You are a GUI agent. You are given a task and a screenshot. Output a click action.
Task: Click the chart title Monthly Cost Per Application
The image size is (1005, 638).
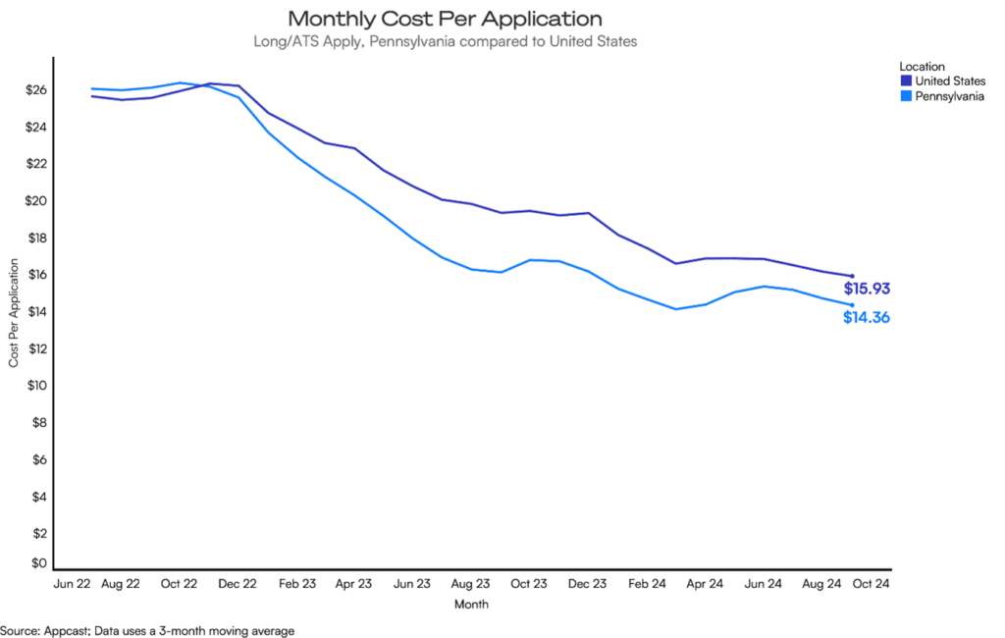pyautogui.click(x=445, y=19)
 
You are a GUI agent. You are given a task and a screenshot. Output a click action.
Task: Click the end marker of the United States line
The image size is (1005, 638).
pyautogui.click(x=851, y=276)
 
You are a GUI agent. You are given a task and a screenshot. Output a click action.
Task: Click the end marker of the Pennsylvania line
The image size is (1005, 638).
pyautogui.click(x=851, y=305)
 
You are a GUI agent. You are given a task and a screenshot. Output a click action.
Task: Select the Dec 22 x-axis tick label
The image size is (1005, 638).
pyautogui.click(x=237, y=583)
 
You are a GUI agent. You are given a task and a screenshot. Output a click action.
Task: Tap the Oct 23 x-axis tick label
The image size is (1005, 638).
pyautogui.click(x=527, y=583)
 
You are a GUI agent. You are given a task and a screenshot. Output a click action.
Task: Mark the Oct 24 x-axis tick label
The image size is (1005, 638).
pyautogui.click(x=871, y=583)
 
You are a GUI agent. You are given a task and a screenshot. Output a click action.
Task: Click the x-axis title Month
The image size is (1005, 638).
pyautogui.click(x=471, y=604)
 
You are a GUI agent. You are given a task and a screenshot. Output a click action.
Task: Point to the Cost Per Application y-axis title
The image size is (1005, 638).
pyautogui.click(x=14, y=313)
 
